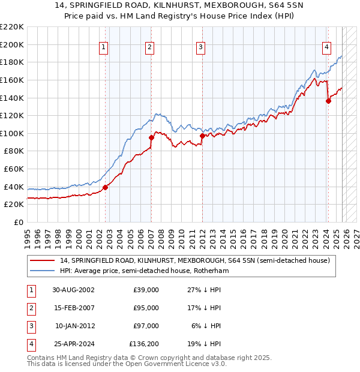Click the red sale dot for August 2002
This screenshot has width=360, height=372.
[106, 187]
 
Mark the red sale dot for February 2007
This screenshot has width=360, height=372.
[151, 137]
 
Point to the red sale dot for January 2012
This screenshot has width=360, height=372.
[202, 136]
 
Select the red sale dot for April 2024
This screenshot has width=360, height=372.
[328, 101]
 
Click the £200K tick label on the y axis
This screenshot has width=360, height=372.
[12, 44]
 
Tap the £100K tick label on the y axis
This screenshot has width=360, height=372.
[12, 133]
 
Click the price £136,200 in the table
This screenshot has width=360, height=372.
[144, 344]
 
